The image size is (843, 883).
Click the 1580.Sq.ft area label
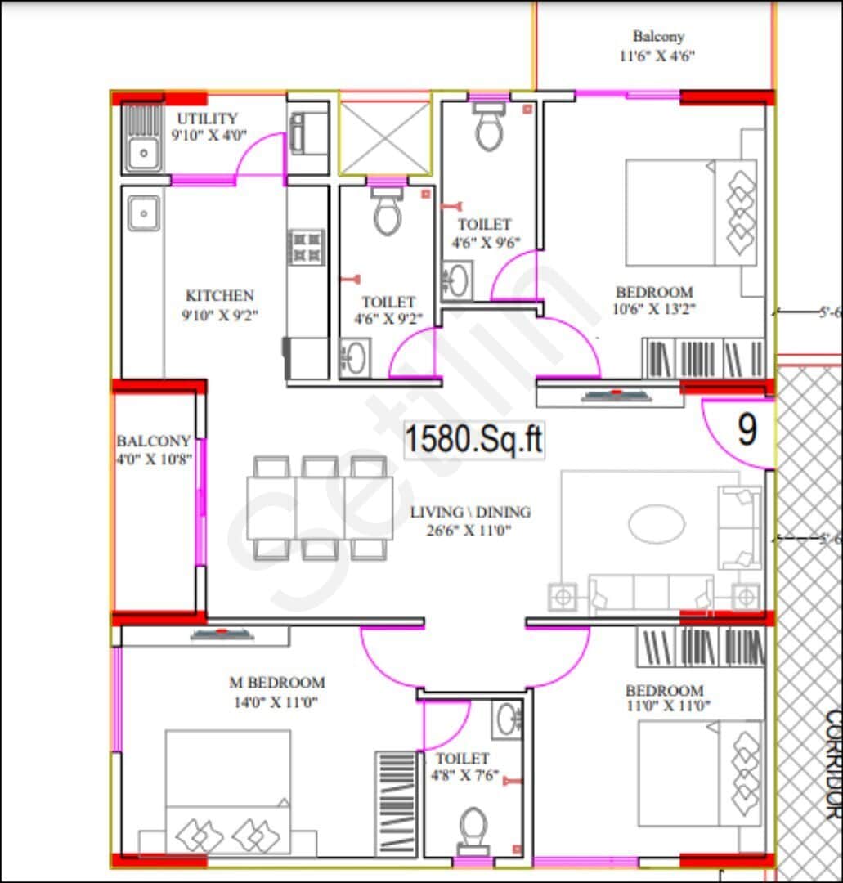coord(473,439)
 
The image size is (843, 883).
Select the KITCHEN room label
coord(219,295)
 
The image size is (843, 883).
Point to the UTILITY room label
coord(208,119)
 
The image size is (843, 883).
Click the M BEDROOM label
coord(276,682)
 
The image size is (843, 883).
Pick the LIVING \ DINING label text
coord(470,512)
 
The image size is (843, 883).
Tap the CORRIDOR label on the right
coord(832,764)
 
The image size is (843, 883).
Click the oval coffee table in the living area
coord(656,523)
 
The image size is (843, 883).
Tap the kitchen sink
coord(144,214)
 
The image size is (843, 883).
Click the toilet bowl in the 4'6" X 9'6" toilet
coord(489,131)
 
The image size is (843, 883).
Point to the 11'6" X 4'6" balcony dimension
coord(658,56)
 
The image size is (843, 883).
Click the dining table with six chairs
coord(320,508)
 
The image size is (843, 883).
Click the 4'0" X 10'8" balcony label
coord(154,459)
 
